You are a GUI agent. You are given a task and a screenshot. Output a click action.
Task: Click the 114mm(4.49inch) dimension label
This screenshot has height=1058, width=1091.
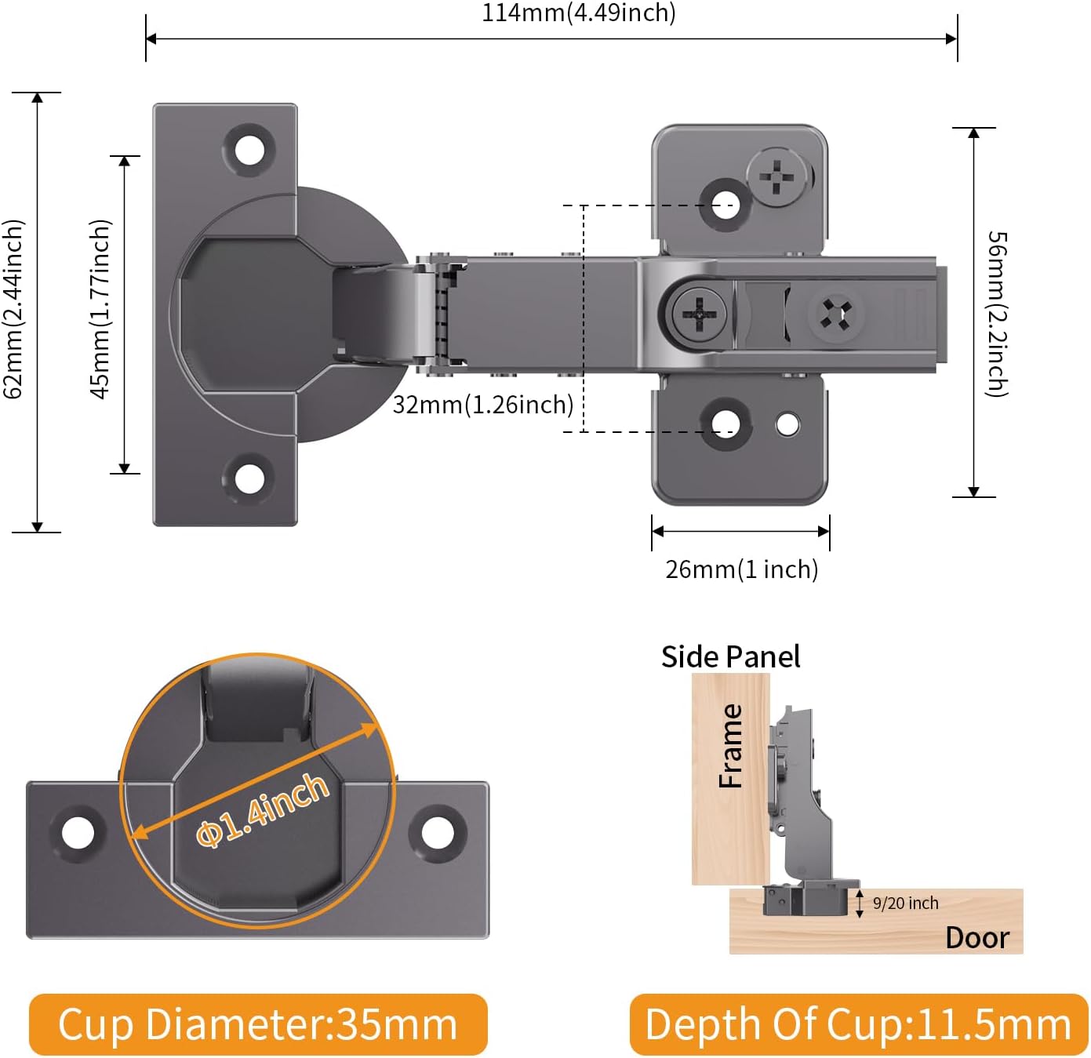[x=578, y=13]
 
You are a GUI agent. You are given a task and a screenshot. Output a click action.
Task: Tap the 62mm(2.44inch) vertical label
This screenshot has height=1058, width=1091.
[x=13, y=309]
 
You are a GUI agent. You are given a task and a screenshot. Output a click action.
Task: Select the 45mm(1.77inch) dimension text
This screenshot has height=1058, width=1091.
[x=100, y=309]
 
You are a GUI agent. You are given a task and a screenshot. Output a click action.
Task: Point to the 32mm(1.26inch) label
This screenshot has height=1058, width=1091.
[x=483, y=405]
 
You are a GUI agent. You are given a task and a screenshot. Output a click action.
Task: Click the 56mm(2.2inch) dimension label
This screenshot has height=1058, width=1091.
[x=997, y=314]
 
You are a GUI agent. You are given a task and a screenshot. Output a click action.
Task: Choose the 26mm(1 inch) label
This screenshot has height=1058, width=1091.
[x=741, y=569]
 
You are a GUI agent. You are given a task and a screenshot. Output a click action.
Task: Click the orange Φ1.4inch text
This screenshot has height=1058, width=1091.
[x=263, y=809]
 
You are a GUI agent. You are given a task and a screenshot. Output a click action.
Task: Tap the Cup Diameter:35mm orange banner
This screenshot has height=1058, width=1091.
[x=258, y=1024]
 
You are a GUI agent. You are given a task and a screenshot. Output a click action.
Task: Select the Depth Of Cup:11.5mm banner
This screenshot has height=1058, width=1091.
[x=858, y=1024]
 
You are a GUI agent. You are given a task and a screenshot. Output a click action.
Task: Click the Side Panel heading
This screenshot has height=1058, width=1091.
[x=730, y=656]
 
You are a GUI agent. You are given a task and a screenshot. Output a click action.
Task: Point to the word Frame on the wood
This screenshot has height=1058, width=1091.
[x=731, y=746]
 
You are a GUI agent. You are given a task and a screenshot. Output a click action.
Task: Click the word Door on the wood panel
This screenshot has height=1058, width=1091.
[x=976, y=938]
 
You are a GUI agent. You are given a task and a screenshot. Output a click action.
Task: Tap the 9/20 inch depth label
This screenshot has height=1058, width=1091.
[x=905, y=903]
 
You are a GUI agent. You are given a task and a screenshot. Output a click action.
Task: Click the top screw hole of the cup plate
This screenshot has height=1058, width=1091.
[x=250, y=147]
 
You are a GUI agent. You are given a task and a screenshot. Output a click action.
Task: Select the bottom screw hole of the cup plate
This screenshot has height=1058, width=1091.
[x=250, y=478]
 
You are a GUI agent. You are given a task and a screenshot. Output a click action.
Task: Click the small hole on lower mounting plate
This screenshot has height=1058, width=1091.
[x=787, y=425]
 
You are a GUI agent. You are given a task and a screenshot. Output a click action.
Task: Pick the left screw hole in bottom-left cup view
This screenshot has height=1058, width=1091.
[x=78, y=833]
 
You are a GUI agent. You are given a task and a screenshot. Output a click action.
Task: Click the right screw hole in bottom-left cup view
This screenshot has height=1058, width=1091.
[x=438, y=833]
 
